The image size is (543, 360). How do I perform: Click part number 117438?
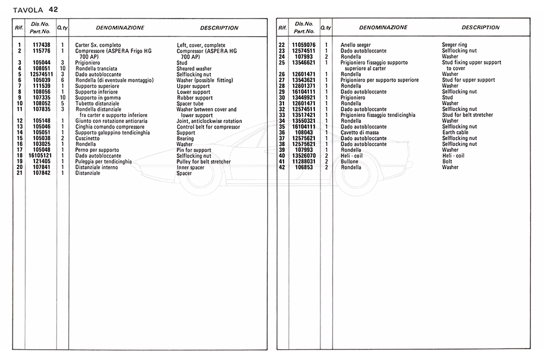(x=41, y=45)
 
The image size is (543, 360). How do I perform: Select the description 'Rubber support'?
(x=194, y=98)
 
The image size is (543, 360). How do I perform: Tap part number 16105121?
(x=41, y=156)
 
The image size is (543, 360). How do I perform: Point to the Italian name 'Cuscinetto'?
(x=88, y=138)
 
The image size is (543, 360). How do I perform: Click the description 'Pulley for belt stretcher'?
(x=203, y=162)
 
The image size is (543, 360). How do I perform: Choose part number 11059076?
(x=303, y=45)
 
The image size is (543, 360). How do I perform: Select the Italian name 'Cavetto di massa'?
(x=361, y=133)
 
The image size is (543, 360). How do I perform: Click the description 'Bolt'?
(x=448, y=162)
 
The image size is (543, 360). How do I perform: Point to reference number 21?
(x=20, y=173)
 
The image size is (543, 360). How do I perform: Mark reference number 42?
(x=282, y=167)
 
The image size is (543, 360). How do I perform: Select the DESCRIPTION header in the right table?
(x=480, y=27)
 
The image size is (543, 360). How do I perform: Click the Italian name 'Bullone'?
(x=351, y=162)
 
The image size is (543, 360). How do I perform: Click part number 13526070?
(x=303, y=156)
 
